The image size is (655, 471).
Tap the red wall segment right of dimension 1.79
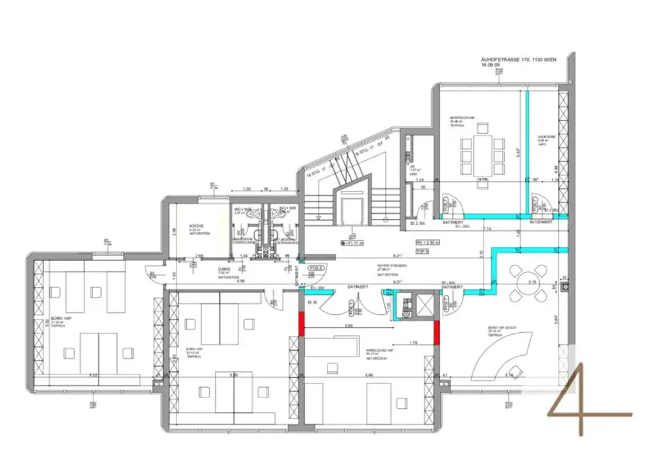pyautogui.click(x=437, y=331)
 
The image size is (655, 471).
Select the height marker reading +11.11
pyautogui.click(x=353, y=243)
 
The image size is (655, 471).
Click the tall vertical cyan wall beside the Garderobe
pyautogui.click(x=528, y=150)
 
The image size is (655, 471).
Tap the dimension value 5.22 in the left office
pyautogui.click(x=93, y=375)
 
